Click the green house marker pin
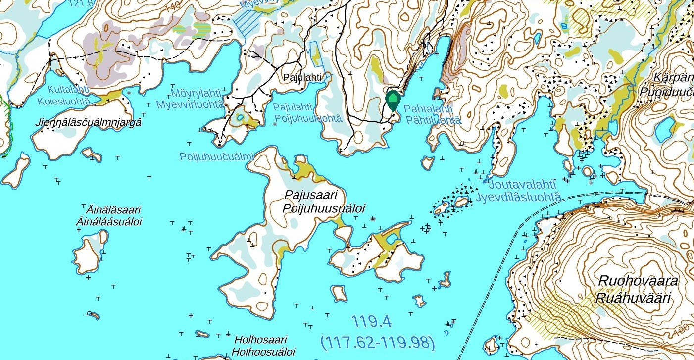pos(393,100)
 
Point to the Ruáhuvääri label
pos(633,298)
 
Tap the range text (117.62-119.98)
pos(378,342)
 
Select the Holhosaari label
pos(260,340)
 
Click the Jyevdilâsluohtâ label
pos(519,197)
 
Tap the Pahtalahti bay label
pos(428,108)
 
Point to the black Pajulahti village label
pos(302,77)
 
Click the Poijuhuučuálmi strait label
pos(216,156)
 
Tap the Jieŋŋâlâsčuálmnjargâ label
pos(88,122)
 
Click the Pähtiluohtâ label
pos(433,120)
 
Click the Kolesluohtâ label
pos(65,101)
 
